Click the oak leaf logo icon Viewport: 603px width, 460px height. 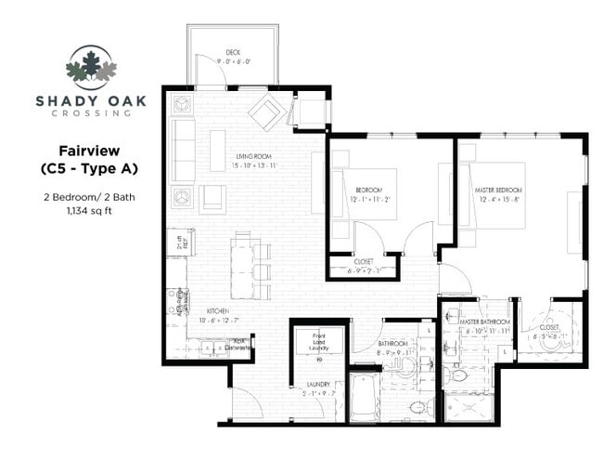point(91,66)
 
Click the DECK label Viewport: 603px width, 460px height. point(235,52)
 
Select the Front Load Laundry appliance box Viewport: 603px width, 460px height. point(319,341)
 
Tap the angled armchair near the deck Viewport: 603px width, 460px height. point(266,112)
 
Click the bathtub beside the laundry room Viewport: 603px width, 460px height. point(363,398)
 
